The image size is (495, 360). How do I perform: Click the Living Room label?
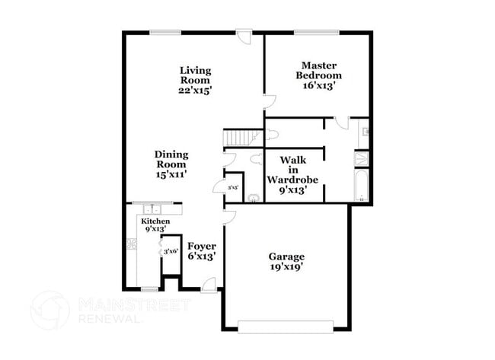(195, 75)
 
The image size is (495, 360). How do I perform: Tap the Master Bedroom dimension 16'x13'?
(318, 86)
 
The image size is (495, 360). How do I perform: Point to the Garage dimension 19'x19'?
(286, 268)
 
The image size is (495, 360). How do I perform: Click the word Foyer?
(202, 246)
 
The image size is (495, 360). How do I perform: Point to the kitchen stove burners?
(131, 244)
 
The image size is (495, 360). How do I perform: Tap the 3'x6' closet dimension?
(170, 251)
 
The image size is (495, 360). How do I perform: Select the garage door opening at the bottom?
(285, 327)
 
